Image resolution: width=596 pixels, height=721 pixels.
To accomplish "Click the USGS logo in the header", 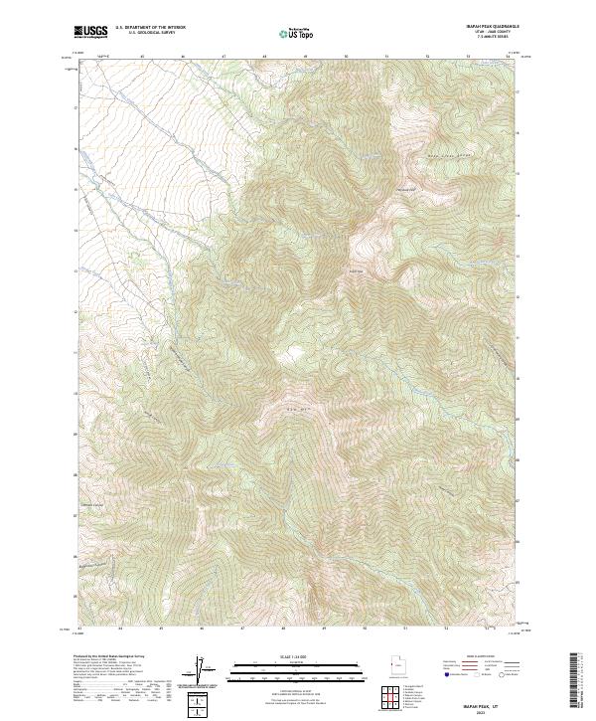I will pos(91,33).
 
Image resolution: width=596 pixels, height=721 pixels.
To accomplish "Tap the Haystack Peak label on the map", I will pos(406,190).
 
